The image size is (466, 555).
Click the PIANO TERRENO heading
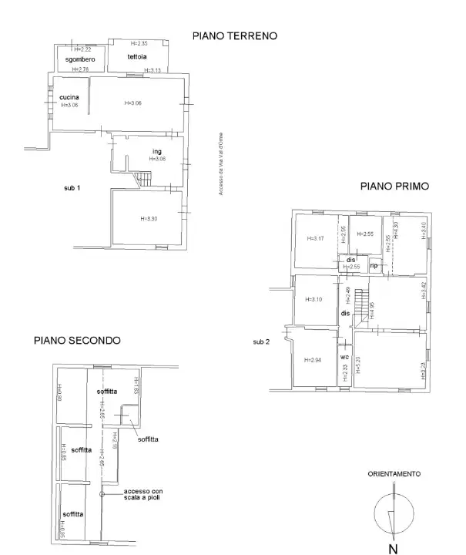234,35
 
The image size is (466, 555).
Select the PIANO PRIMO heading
394,186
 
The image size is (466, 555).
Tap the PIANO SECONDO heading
76,339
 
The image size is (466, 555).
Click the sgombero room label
79,59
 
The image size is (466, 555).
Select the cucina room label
69,97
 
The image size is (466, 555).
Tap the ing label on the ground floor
156,152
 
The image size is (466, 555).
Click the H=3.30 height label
149,219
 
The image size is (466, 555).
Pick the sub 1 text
72,187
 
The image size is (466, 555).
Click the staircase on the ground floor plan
144,179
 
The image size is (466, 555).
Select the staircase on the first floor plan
362,302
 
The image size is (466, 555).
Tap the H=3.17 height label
314,238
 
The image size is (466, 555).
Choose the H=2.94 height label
313,360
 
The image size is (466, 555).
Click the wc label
345,357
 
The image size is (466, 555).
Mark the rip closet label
374,265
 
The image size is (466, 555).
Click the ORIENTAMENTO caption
394,474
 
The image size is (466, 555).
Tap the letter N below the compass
393,548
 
